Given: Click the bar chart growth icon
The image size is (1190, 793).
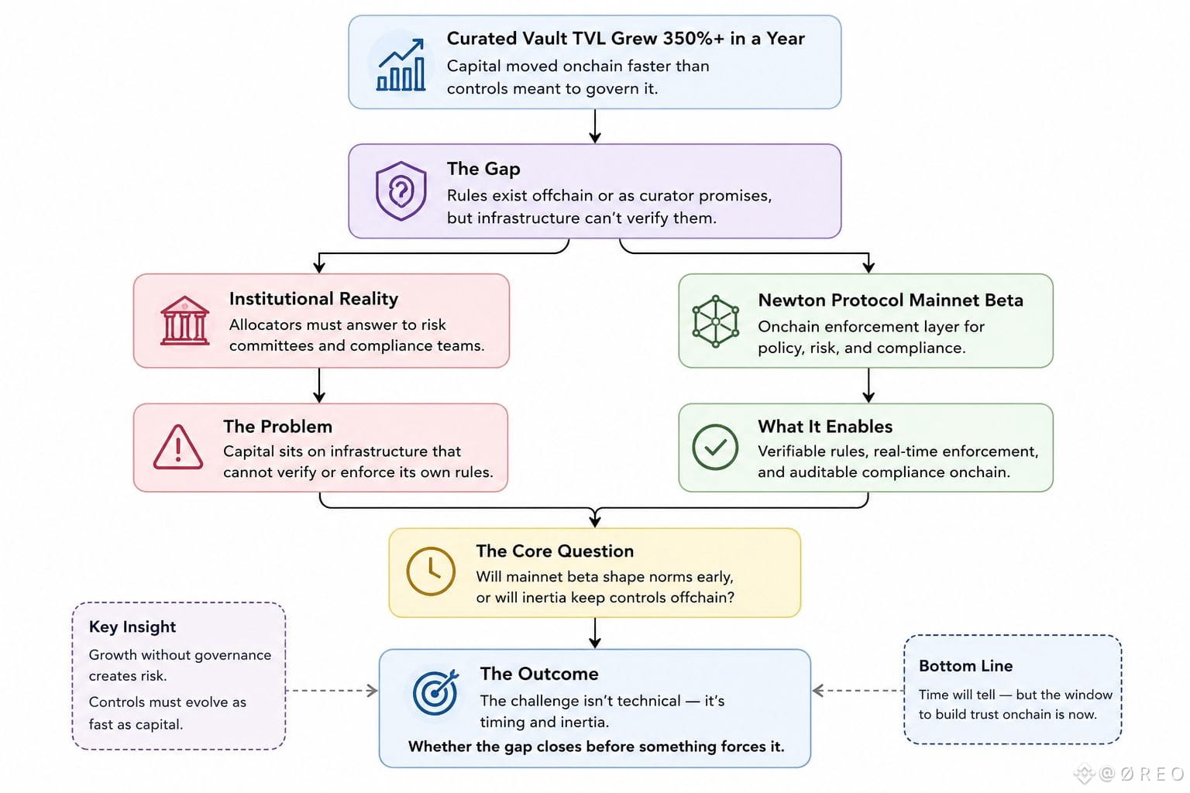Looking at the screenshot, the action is click(x=401, y=64).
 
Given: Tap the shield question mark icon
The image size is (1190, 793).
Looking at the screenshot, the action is click(x=401, y=191).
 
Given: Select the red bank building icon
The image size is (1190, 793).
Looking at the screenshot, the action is click(x=184, y=321).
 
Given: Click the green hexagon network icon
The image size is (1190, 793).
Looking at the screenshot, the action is click(x=716, y=321).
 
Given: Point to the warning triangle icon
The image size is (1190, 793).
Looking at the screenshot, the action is click(x=178, y=447).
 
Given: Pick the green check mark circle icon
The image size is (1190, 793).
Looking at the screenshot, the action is click(x=715, y=447).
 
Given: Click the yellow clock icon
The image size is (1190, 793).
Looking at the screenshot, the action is click(x=431, y=571).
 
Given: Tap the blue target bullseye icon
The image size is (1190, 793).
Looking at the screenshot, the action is click(x=435, y=692).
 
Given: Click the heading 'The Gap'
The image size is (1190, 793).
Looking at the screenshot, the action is click(x=483, y=168).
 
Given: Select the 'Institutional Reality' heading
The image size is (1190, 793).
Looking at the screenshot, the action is click(x=314, y=298).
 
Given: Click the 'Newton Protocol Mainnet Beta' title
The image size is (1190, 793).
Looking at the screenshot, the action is click(x=890, y=300).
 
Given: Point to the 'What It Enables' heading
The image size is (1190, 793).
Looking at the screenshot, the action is click(x=825, y=427).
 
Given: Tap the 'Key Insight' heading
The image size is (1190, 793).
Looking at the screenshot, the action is click(x=132, y=627).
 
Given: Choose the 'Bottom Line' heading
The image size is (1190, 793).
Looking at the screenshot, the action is click(x=966, y=665).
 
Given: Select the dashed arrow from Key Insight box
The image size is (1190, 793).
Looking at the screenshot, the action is click(x=332, y=691).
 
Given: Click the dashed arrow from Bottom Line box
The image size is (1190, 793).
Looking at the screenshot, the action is click(x=858, y=691).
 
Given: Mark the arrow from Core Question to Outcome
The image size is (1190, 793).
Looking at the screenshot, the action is click(x=595, y=633).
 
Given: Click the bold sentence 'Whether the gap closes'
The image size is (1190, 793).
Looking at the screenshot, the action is click(x=596, y=747).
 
